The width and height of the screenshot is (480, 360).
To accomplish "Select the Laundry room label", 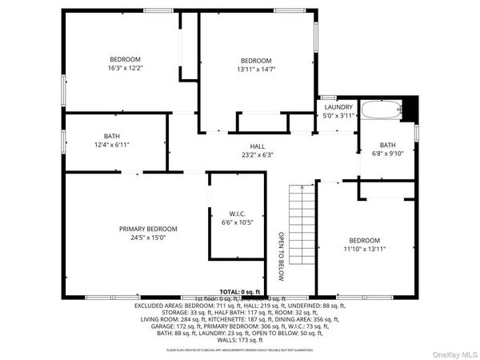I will coord(339,106).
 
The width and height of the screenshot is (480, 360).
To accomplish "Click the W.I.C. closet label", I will coord(237,214).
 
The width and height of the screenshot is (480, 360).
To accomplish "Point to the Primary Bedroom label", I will coord(149,229).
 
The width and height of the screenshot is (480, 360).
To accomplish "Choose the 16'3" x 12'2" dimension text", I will coord(125,68).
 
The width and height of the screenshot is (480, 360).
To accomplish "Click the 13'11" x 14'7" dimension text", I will coord(256,70).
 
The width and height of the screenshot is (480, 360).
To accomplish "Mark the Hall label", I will coord(257,146).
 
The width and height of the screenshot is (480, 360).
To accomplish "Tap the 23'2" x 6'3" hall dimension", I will coord(257,154).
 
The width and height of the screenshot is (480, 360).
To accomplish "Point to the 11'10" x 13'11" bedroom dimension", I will coord(364,250).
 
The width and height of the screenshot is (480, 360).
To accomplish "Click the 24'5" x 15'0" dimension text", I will coord(149,238).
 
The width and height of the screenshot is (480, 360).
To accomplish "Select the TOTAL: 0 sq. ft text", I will coord(240,292).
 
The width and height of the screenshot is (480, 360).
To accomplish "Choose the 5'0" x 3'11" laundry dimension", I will coord(339,115).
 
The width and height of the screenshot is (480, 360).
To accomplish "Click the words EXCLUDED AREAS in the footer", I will coord(160,306).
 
